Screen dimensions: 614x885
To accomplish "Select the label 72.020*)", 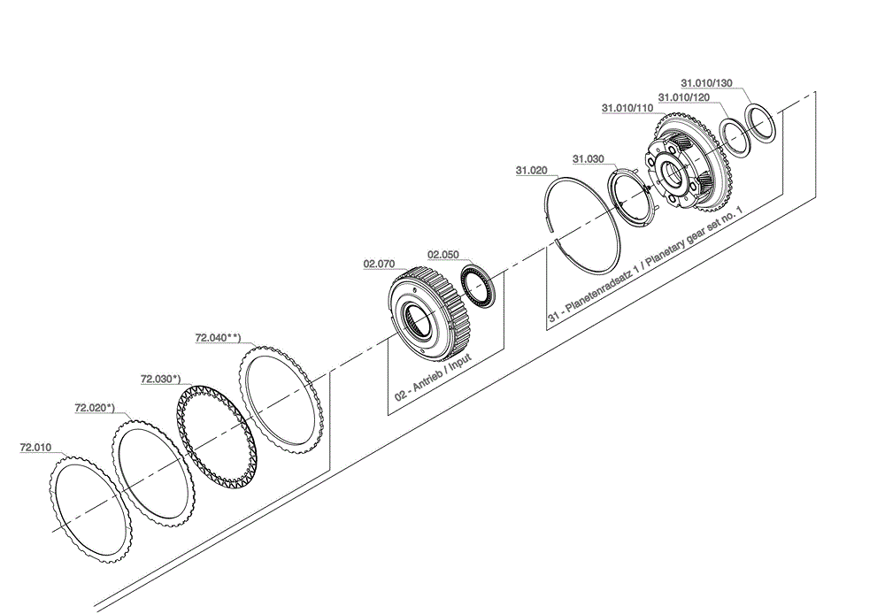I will coord(94,408).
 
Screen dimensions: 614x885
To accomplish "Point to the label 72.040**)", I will coord(218,337).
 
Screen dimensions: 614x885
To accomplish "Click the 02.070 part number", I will coord(379,263).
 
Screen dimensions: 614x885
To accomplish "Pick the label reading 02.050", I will coord(443,254).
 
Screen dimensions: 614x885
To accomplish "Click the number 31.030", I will coord(589,159).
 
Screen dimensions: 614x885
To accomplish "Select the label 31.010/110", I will coord(627,108).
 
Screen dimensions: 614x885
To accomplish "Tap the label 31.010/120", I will coord(684,96).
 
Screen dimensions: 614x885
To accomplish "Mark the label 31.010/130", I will coord(707,83).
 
